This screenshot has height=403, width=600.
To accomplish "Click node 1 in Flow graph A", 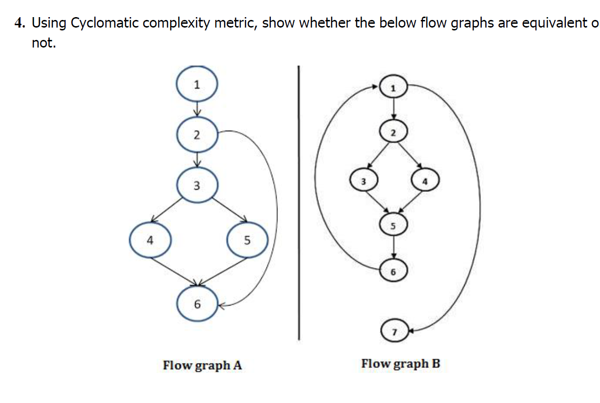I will pyautogui.click(x=197, y=84).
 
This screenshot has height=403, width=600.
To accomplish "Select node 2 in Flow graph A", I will pyautogui.click(x=197, y=134).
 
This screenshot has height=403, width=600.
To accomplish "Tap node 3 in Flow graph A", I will pyautogui.click(x=197, y=185).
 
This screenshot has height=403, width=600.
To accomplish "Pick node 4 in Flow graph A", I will pyautogui.click(x=150, y=240).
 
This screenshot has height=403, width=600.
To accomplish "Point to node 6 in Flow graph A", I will pyautogui.click(x=197, y=304).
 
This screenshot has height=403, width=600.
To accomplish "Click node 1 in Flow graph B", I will pyautogui.click(x=393, y=88).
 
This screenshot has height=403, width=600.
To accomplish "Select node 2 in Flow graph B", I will pyautogui.click(x=393, y=133).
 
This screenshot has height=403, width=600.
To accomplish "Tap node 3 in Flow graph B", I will pyautogui.click(x=363, y=181).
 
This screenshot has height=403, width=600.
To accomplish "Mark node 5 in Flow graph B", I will pyautogui.click(x=393, y=225).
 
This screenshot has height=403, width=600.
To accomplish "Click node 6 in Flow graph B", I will pyautogui.click(x=393, y=271).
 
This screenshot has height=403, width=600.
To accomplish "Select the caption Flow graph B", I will pyautogui.click(x=400, y=364).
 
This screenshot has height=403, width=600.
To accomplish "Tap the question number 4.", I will pyautogui.click(x=19, y=23).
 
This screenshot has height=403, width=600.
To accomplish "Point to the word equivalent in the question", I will pyautogui.click(x=553, y=23).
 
